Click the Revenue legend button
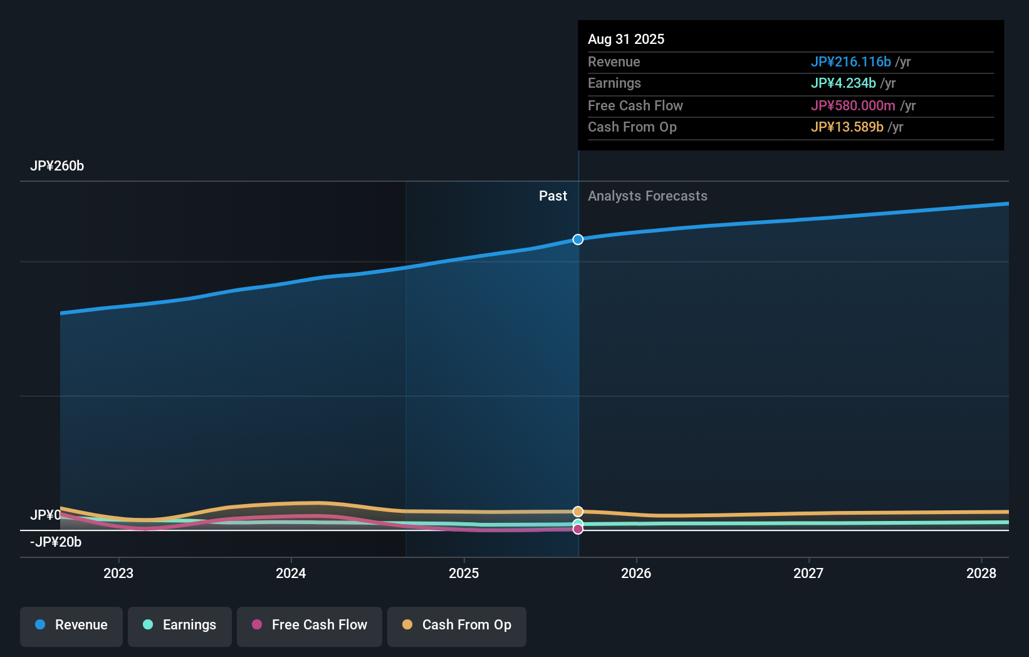[71, 625]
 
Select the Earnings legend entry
[180, 625]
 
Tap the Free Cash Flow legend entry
[310, 625]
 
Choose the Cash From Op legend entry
[457, 625]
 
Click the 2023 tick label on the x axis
[118, 573]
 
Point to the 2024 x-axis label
[291, 573]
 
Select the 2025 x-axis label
[464, 573]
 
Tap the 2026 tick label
[636, 573]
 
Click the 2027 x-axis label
[808, 573]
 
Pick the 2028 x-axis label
[981, 573]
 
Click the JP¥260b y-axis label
[57, 166]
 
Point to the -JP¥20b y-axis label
[56, 542]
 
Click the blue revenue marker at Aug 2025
[578, 239]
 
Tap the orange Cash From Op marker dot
[578, 512]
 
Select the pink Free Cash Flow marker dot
[578, 529]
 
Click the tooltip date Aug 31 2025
[626, 39]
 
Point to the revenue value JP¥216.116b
[850, 62]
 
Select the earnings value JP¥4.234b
[843, 83]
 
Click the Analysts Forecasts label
[647, 196]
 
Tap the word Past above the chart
[553, 196]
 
